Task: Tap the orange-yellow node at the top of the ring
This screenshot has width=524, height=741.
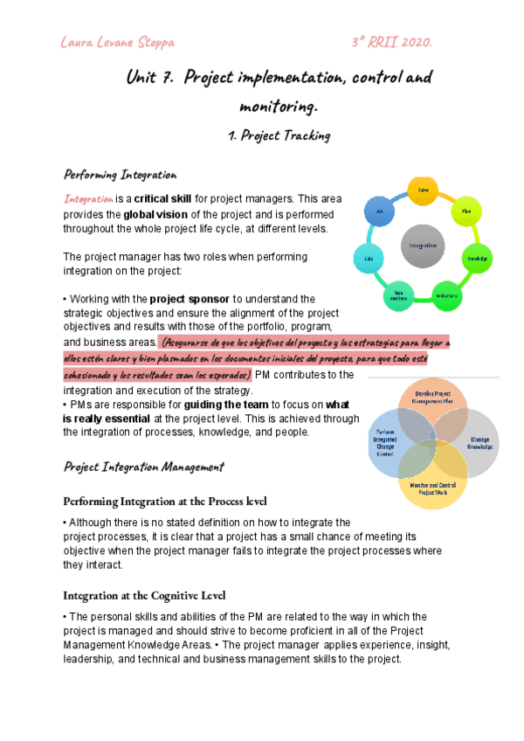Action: tap(423, 190)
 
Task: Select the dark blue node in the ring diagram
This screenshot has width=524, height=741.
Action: tap(378, 211)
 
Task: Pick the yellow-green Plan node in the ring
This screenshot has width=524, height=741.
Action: tap(466, 211)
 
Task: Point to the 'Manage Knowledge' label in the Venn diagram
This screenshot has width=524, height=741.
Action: tap(480, 443)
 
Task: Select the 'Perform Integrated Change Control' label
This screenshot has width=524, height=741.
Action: tap(385, 443)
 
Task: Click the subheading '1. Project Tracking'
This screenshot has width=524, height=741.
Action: tap(279, 136)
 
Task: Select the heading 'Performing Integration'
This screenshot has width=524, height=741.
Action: tap(120, 175)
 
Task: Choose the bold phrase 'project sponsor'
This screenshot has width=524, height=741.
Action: tap(191, 300)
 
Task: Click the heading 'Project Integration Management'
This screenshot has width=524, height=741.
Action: tap(143, 468)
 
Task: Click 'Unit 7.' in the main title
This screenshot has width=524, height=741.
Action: tap(150, 79)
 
